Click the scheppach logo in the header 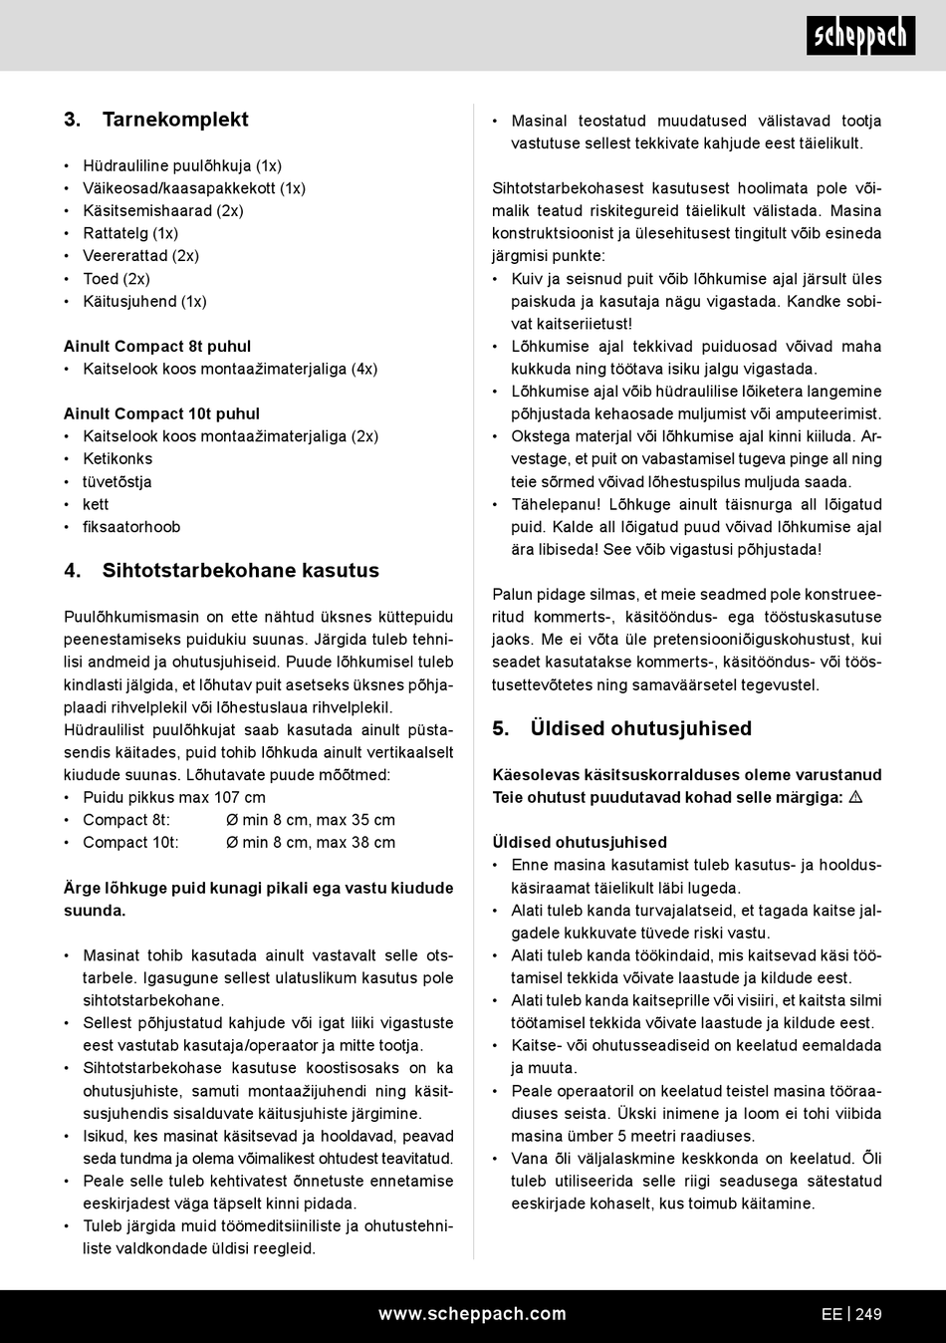click(x=860, y=36)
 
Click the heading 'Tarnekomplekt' click(x=175, y=120)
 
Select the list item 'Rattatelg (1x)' click(x=130, y=233)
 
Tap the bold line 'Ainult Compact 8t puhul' click(x=157, y=346)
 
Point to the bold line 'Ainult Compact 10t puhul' click(x=161, y=413)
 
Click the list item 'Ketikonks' click(x=118, y=458)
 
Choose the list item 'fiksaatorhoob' click(x=131, y=527)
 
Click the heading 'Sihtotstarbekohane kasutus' click(x=240, y=571)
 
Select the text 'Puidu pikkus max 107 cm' click(x=174, y=797)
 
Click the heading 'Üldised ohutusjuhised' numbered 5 click(x=640, y=728)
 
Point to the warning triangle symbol click(x=854, y=797)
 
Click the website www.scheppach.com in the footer click(x=472, y=1314)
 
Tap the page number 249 click(x=868, y=1314)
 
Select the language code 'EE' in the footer click(x=831, y=1314)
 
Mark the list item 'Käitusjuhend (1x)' click(x=144, y=301)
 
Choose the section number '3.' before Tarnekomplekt click(x=72, y=120)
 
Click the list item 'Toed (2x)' click(x=117, y=279)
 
